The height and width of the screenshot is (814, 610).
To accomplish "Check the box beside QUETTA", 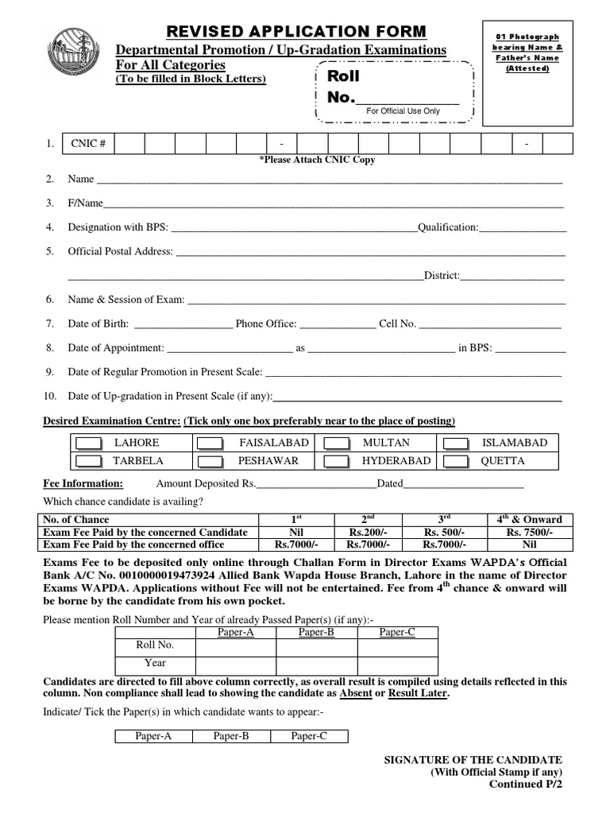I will coord(457,461).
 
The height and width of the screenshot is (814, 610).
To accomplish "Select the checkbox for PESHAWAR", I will coord(210,461).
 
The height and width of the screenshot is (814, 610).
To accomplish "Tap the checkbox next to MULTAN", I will coord(337,444).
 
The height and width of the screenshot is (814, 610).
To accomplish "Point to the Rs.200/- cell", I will coord(363,532).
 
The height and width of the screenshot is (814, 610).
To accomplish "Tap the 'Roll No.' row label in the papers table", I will coord(154,645).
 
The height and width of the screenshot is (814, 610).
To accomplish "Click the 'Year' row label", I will coord(155,662).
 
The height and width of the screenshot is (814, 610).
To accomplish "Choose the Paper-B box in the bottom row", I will coord(231,736).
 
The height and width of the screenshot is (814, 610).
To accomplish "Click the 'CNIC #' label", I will coord(87,143).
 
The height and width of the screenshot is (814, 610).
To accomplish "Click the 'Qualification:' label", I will coord(448,227).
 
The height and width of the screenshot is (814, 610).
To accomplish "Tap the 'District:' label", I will coord(442,276).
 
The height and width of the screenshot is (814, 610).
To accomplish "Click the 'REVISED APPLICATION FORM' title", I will coord(295,31).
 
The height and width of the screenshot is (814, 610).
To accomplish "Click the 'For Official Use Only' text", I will coord(403,111).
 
